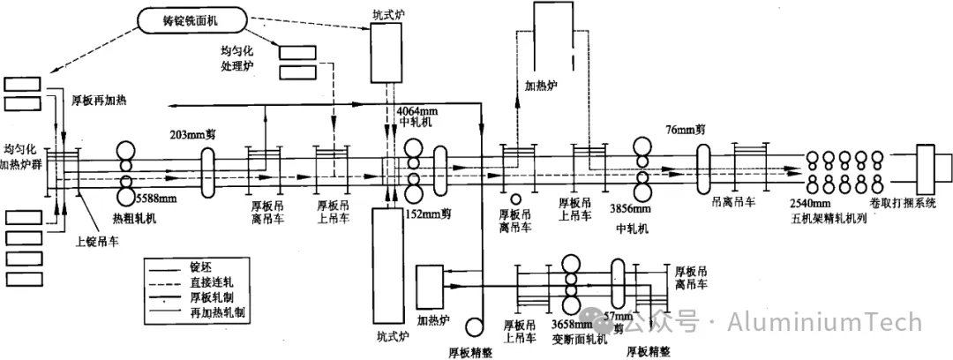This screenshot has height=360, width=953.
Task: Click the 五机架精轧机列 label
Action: [836, 221]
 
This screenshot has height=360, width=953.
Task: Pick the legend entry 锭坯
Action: [214, 267]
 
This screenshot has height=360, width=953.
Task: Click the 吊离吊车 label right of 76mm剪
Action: [733, 200]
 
